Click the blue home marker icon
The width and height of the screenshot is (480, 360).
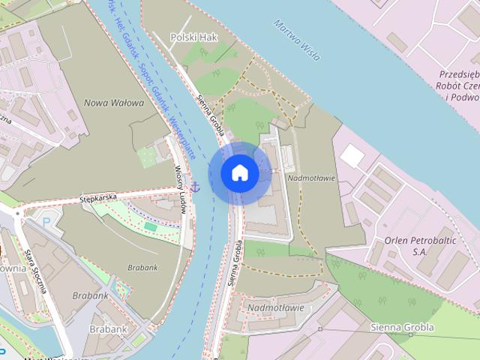(239, 172)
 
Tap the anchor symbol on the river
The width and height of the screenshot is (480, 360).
(195, 185)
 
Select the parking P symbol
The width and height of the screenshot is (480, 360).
(46, 222)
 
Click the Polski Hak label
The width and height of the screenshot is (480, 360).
(193, 36)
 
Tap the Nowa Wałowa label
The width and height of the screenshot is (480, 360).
(113, 103)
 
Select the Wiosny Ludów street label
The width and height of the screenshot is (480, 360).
(180, 189)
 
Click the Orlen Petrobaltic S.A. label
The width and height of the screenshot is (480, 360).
(415, 245)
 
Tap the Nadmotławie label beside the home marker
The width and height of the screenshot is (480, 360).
(311, 178)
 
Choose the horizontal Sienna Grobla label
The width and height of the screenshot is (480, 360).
(402, 328)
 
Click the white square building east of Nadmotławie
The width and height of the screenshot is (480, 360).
(351, 156)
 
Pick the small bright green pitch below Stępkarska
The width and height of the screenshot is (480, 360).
(151, 226)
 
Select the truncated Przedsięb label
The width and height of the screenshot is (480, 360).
(459, 75)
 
